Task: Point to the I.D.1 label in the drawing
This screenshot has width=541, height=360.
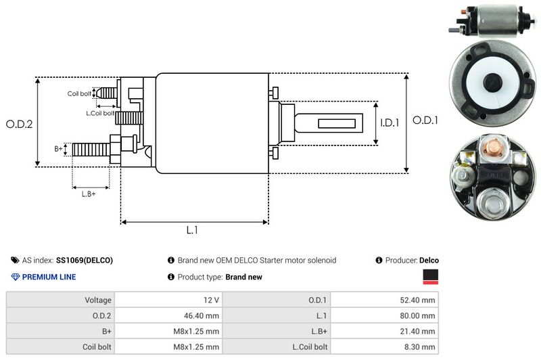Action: [390, 122]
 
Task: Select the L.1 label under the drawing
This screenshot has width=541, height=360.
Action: [192, 230]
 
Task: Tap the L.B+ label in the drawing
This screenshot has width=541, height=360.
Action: [89, 194]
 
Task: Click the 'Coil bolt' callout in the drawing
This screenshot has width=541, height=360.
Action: [79, 93]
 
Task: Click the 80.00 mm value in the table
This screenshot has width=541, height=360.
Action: [417, 314]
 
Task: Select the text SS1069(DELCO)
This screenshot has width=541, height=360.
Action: [85, 261]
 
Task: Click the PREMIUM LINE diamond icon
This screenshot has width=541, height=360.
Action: [15, 277]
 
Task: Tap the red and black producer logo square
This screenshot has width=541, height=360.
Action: [430, 276]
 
